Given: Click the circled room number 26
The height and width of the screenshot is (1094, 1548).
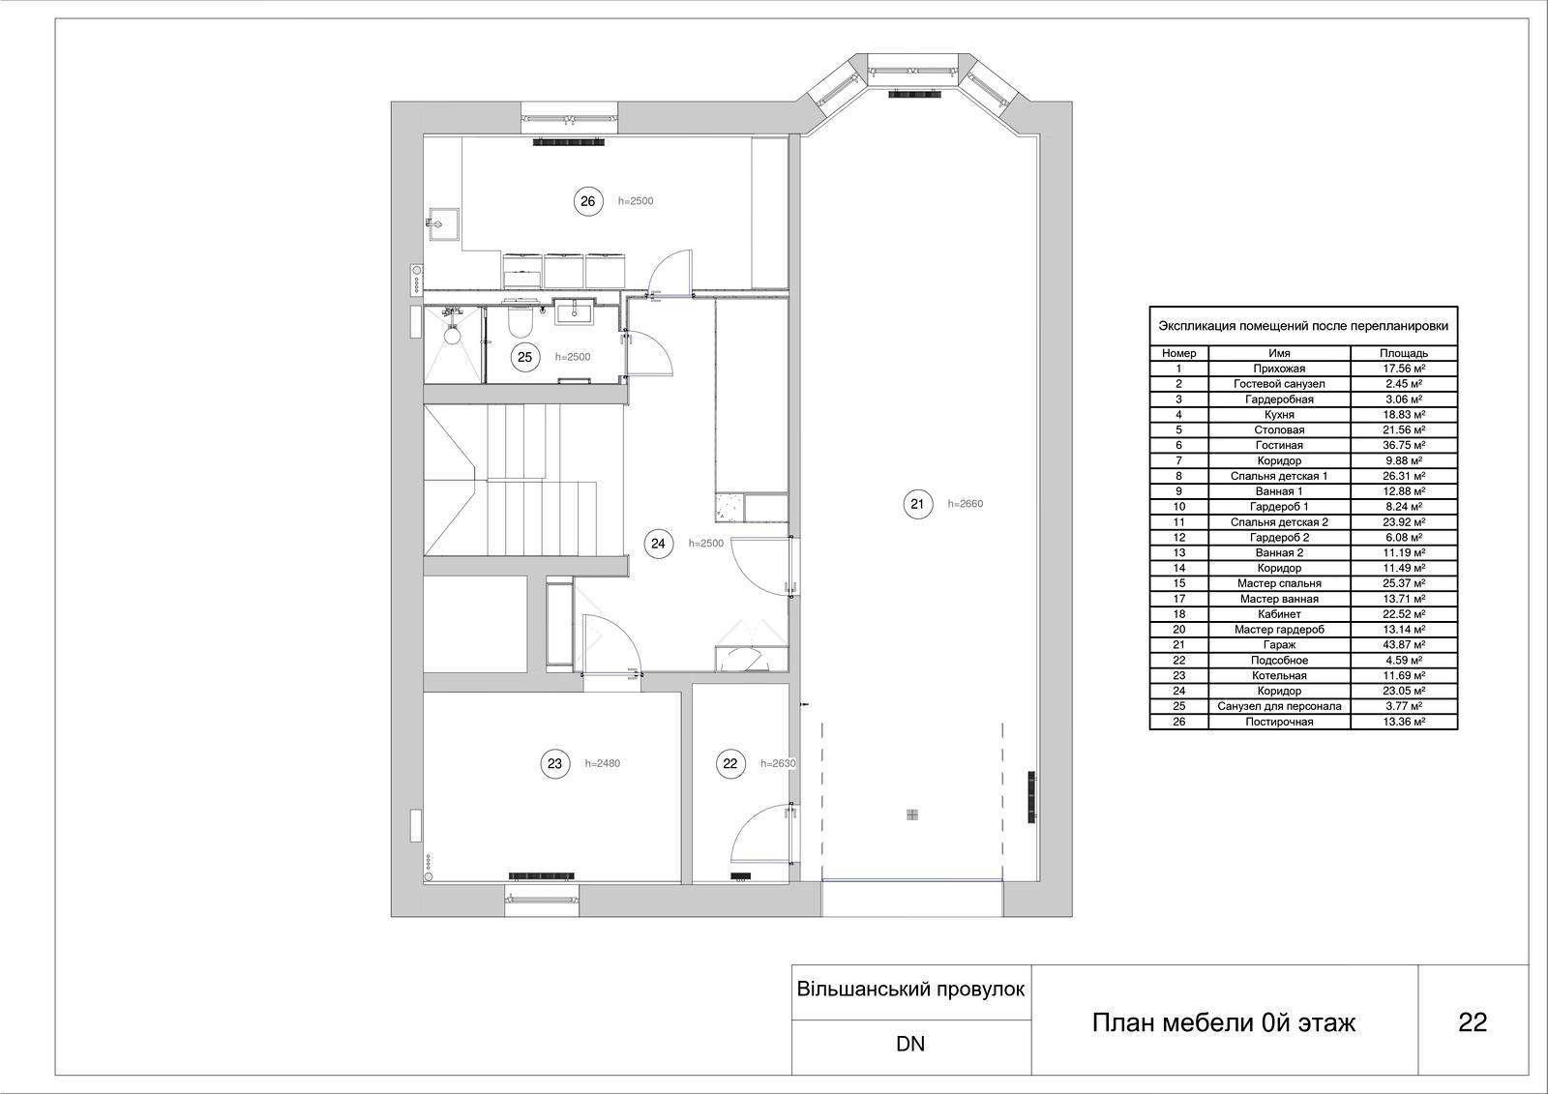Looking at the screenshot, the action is (587, 201).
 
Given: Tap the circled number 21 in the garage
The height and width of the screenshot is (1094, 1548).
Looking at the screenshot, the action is (918, 504).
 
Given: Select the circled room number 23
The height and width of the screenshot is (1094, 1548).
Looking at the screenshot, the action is (554, 763).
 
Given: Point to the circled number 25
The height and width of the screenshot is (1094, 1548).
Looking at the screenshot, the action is (524, 357).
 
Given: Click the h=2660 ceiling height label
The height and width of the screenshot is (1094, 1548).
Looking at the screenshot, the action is (965, 504).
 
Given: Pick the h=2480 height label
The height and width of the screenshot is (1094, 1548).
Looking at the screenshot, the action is (603, 763).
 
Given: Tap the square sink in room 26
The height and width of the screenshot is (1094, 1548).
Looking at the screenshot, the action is (443, 223).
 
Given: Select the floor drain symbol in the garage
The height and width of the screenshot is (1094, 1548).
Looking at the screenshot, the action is (912, 814).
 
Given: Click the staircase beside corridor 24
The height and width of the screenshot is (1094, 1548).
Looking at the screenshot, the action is (510, 481).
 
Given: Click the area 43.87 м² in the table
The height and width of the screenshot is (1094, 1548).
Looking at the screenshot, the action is (1404, 645).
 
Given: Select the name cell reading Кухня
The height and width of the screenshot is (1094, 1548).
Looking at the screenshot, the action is (1279, 415).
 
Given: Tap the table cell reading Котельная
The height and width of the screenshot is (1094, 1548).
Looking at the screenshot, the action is (1279, 676).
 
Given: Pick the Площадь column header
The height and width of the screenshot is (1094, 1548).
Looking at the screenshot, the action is (1404, 353).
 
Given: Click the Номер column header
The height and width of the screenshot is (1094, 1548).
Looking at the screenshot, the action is (1179, 353).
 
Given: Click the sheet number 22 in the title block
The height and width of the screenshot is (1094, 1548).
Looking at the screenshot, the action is (1472, 1022).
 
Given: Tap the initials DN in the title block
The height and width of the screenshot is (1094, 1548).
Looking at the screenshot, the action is (910, 1045).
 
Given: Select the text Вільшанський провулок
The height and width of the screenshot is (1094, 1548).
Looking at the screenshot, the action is (910, 990).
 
